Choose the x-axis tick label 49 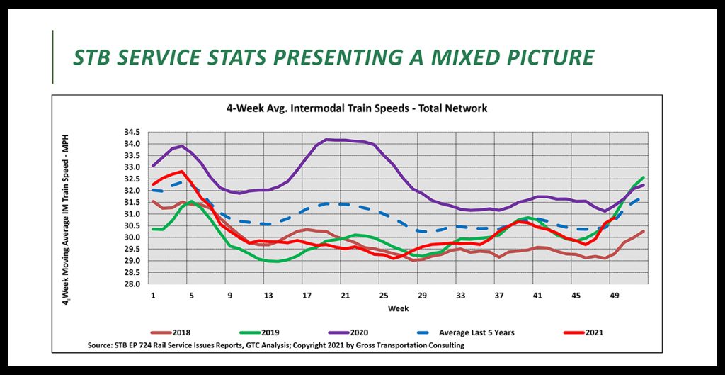coord(614,294)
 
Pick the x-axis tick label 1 coord(152,294)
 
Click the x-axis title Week coord(397,308)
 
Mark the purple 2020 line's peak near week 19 coord(326,139)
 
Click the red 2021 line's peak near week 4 coord(182,171)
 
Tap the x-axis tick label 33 coord(459,294)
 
